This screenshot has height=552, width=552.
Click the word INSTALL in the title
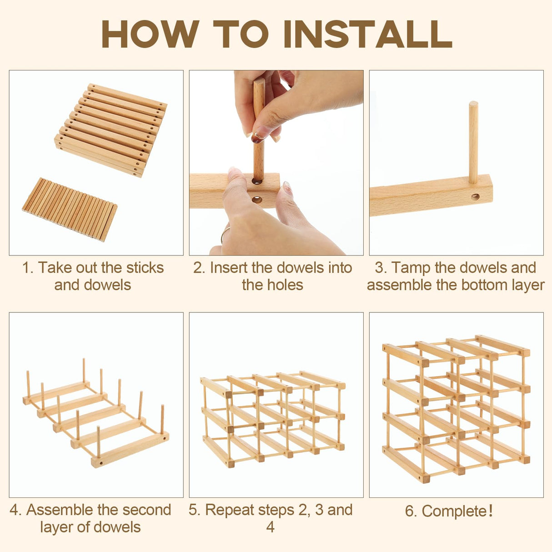368,34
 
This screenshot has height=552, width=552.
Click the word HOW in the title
151,34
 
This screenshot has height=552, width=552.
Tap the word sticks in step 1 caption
145,267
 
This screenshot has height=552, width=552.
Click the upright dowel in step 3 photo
473,142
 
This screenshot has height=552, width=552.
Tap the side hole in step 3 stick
475,197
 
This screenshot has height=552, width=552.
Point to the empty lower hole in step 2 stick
257,200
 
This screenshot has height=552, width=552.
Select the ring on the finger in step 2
225,235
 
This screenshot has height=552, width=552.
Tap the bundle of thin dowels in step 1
70,210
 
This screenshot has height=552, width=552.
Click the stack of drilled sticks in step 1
110,130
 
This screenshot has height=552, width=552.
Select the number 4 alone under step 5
270,527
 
